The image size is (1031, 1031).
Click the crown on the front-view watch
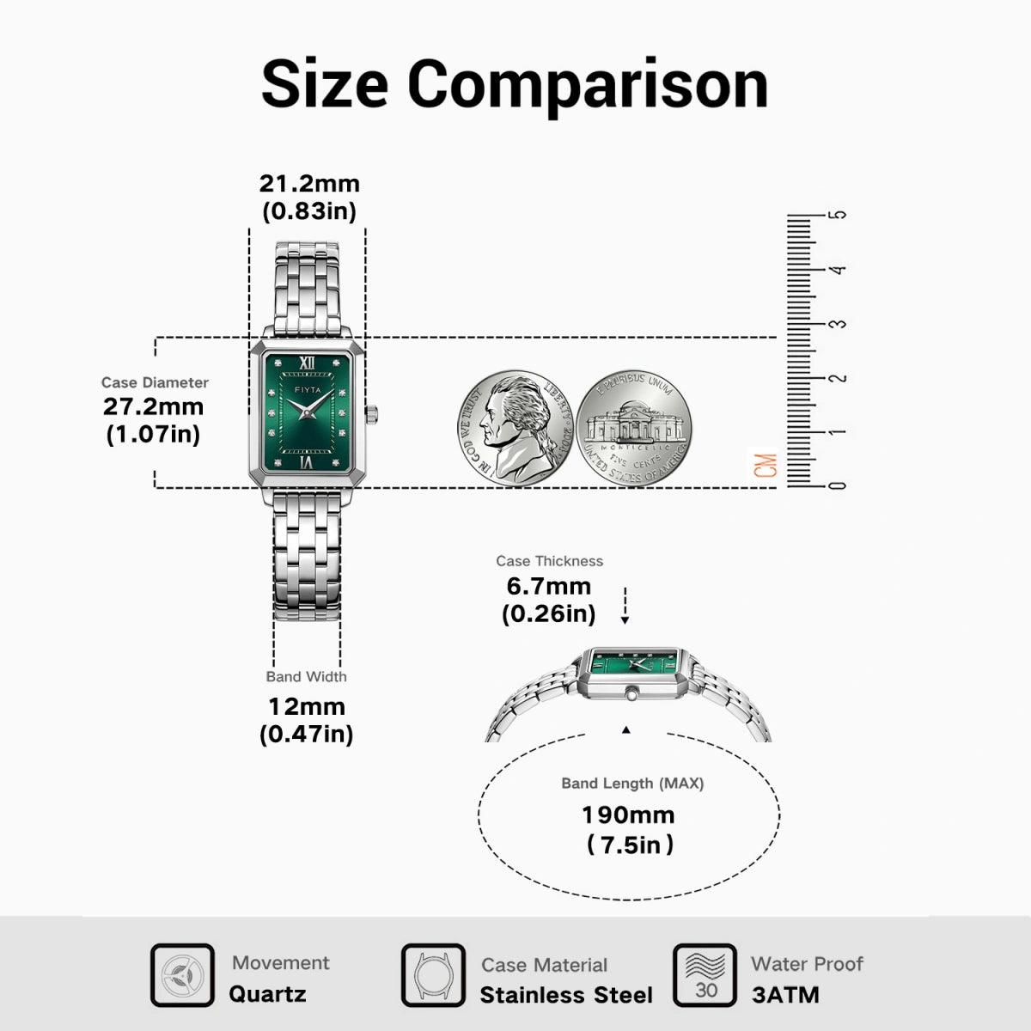[x=372, y=414]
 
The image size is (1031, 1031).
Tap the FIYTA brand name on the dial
[x=308, y=389]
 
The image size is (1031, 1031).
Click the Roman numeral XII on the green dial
[x=307, y=363]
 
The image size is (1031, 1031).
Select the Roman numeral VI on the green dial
[x=307, y=461]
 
